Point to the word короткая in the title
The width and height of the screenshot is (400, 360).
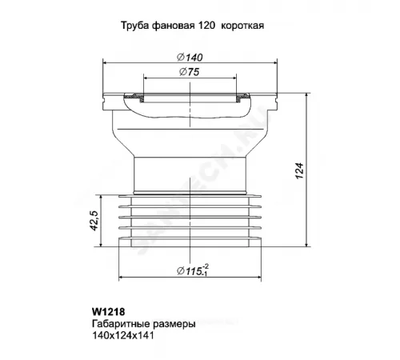point(242,26)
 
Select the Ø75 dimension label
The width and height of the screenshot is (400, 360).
point(190,73)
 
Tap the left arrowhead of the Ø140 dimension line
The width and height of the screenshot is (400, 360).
point(106,61)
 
